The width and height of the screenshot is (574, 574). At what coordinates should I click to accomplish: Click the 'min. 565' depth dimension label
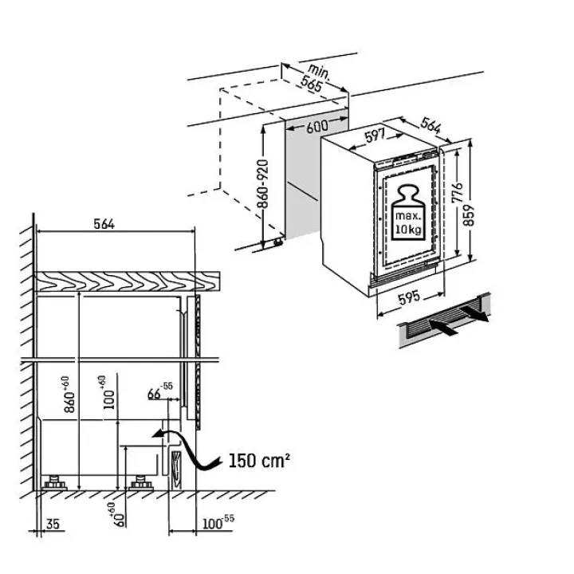(x=315, y=77)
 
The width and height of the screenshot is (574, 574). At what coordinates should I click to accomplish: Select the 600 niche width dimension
(x=317, y=126)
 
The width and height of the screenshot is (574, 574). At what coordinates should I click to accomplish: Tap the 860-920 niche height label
(x=262, y=184)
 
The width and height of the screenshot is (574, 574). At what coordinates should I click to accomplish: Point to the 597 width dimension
(x=375, y=135)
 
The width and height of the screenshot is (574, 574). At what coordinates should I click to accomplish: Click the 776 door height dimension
(x=458, y=193)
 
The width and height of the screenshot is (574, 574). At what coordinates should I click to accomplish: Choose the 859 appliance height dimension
(x=469, y=215)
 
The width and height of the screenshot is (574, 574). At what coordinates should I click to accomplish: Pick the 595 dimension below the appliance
(x=409, y=298)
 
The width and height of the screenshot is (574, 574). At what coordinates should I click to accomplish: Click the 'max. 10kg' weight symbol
(x=408, y=212)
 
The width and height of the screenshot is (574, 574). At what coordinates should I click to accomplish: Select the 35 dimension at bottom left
(x=53, y=524)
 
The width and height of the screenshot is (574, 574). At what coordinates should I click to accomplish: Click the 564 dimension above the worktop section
(x=104, y=224)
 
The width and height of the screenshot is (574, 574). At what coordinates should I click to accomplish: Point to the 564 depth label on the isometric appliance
(x=431, y=125)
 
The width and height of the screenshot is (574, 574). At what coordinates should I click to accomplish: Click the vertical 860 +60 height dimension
(x=69, y=395)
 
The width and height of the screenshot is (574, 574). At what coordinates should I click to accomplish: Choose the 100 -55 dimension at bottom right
(x=218, y=522)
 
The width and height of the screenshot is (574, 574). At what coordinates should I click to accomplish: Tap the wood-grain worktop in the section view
(x=127, y=281)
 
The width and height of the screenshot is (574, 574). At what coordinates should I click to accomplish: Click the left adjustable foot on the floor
(x=55, y=483)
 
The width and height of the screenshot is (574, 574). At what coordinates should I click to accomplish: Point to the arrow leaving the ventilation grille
(x=474, y=314)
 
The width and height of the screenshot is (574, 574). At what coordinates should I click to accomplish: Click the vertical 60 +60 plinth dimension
(x=119, y=515)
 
